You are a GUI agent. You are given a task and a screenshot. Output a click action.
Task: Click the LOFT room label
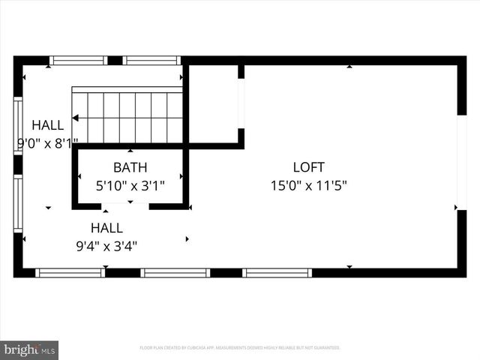click(x=308, y=167)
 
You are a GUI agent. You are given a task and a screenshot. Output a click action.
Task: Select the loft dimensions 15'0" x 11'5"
click(x=308, y=184)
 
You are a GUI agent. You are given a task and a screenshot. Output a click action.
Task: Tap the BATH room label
click(x=130, y=167)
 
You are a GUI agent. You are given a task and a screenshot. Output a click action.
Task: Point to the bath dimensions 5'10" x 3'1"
click(x=130, y=184)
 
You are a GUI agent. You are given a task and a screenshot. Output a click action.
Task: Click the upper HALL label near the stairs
click(x=47, y=125)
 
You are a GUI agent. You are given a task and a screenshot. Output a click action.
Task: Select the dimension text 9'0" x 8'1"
click(x=47, y=142)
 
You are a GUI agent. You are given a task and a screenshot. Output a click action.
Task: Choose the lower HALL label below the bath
click(x=106, y=228)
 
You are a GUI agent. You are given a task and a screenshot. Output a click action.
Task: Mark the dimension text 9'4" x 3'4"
click(x=106, y=245)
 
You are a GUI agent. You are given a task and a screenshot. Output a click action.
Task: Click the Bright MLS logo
click(x=28, y=349)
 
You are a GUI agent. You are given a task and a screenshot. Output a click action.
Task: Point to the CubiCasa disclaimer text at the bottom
click(x=240, y=348)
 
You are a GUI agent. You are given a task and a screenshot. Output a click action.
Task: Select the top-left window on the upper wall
click(x=78, y=60)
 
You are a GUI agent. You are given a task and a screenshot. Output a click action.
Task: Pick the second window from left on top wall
click(x=152, y=60)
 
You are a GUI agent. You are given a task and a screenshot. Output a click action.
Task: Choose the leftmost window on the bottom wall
click(x=70, y=273)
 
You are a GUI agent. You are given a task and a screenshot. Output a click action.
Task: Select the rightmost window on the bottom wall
click(x=277, y=273)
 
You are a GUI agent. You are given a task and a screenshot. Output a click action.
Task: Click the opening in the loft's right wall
click(x=461, y=162)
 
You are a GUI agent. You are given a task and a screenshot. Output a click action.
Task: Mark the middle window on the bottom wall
click(x=175, y=273)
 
